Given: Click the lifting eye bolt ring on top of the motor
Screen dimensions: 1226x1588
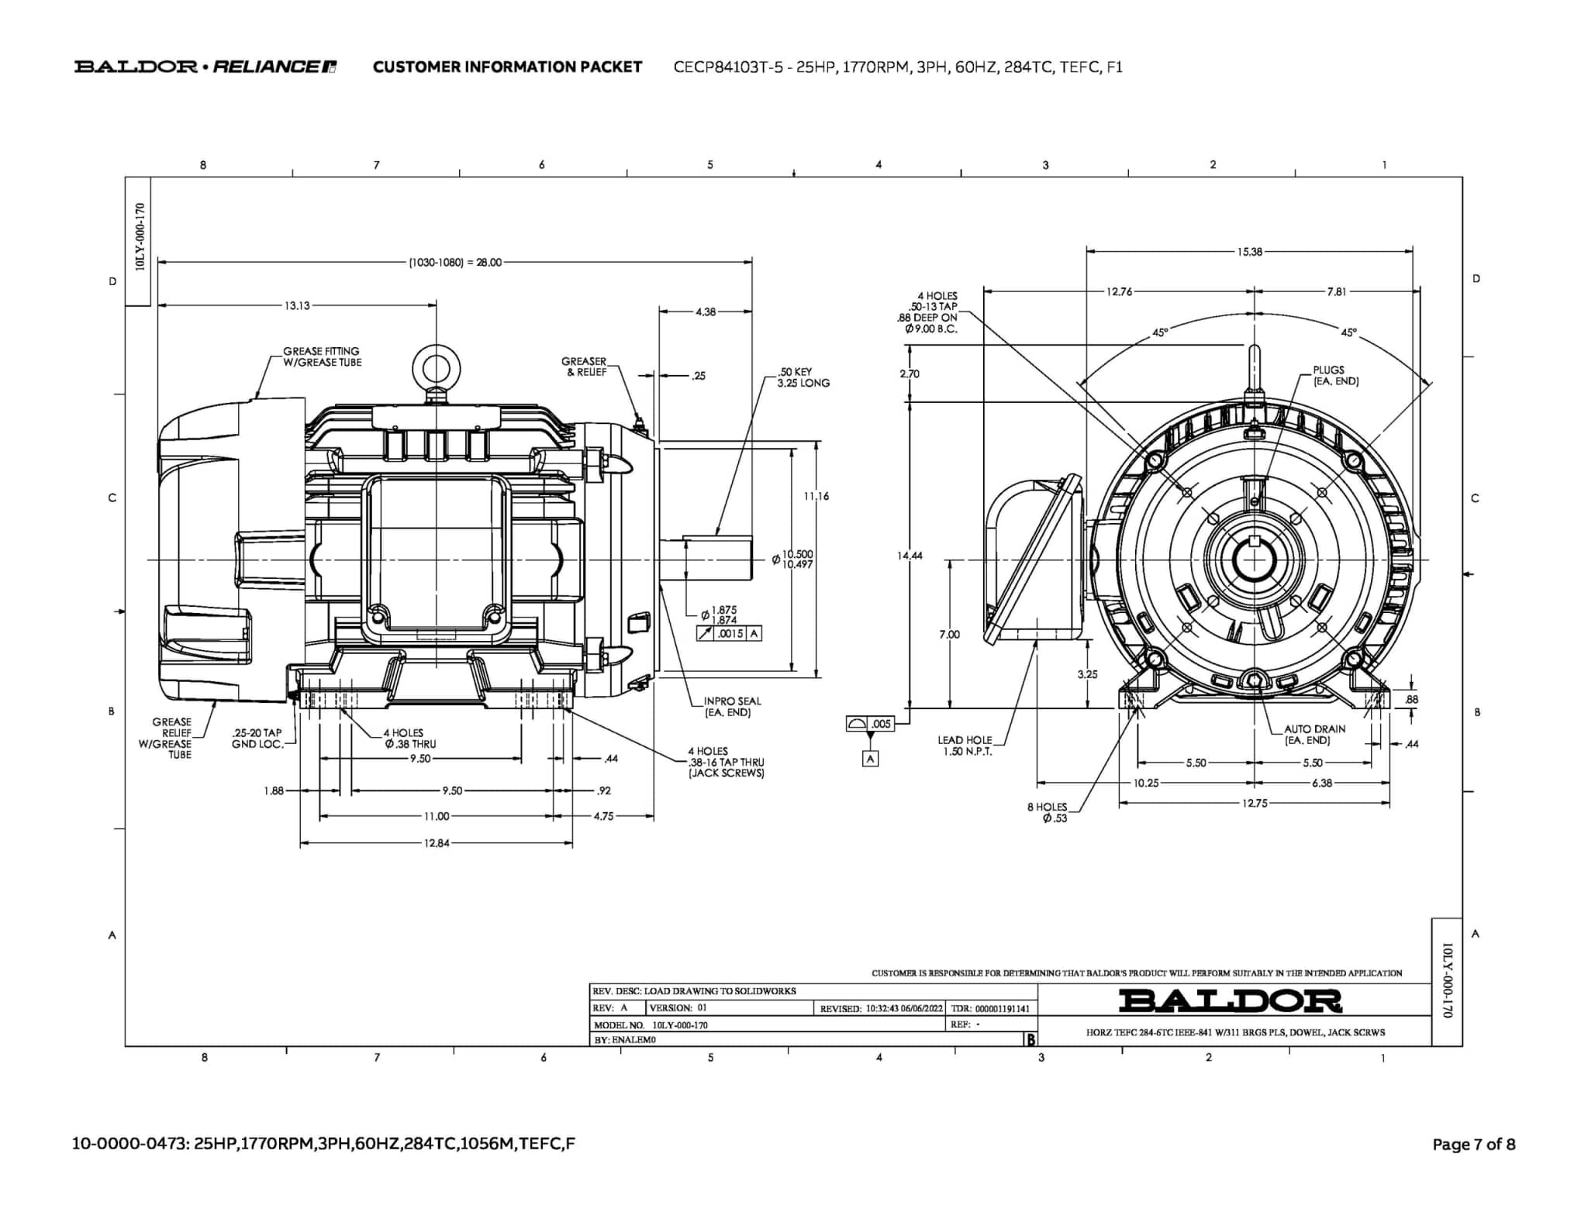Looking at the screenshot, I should [436, 364].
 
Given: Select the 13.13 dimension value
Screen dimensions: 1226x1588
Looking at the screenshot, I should [297, 305].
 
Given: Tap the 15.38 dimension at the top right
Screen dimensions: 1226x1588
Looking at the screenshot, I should [1249, 252].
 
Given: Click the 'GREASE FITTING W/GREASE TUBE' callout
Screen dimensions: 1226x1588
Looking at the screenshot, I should [322, 356].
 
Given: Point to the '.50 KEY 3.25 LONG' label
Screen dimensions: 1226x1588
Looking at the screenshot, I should [803, 377].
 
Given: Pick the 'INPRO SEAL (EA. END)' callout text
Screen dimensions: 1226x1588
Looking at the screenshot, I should [732, 707].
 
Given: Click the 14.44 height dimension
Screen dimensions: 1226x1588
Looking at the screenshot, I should [910, 556].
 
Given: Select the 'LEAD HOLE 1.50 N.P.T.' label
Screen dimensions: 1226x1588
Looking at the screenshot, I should [965, 746].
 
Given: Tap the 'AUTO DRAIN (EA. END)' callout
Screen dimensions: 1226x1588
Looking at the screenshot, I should [1314, 735].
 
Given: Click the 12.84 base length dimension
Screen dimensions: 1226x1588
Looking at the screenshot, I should [437, 843].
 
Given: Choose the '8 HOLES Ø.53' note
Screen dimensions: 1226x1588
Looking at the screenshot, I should [1048, 812].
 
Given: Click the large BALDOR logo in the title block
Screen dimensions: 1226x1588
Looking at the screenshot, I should [1230, 1001].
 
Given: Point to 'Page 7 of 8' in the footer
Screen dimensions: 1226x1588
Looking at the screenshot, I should [1473, 1145].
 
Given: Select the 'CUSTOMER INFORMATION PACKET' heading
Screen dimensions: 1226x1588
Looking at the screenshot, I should [507, 67].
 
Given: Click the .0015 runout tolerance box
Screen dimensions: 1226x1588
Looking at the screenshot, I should [729, 634].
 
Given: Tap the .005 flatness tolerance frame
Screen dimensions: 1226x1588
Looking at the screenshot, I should [871, 724].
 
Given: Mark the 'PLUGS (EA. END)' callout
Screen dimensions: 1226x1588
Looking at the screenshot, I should [1335, 376].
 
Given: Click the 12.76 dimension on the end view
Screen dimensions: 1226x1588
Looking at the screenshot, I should [1119, 292].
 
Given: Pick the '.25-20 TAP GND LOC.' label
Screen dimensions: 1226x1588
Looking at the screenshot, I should [257, 739].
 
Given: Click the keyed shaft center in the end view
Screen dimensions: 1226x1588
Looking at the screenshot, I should [1254, 560].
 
